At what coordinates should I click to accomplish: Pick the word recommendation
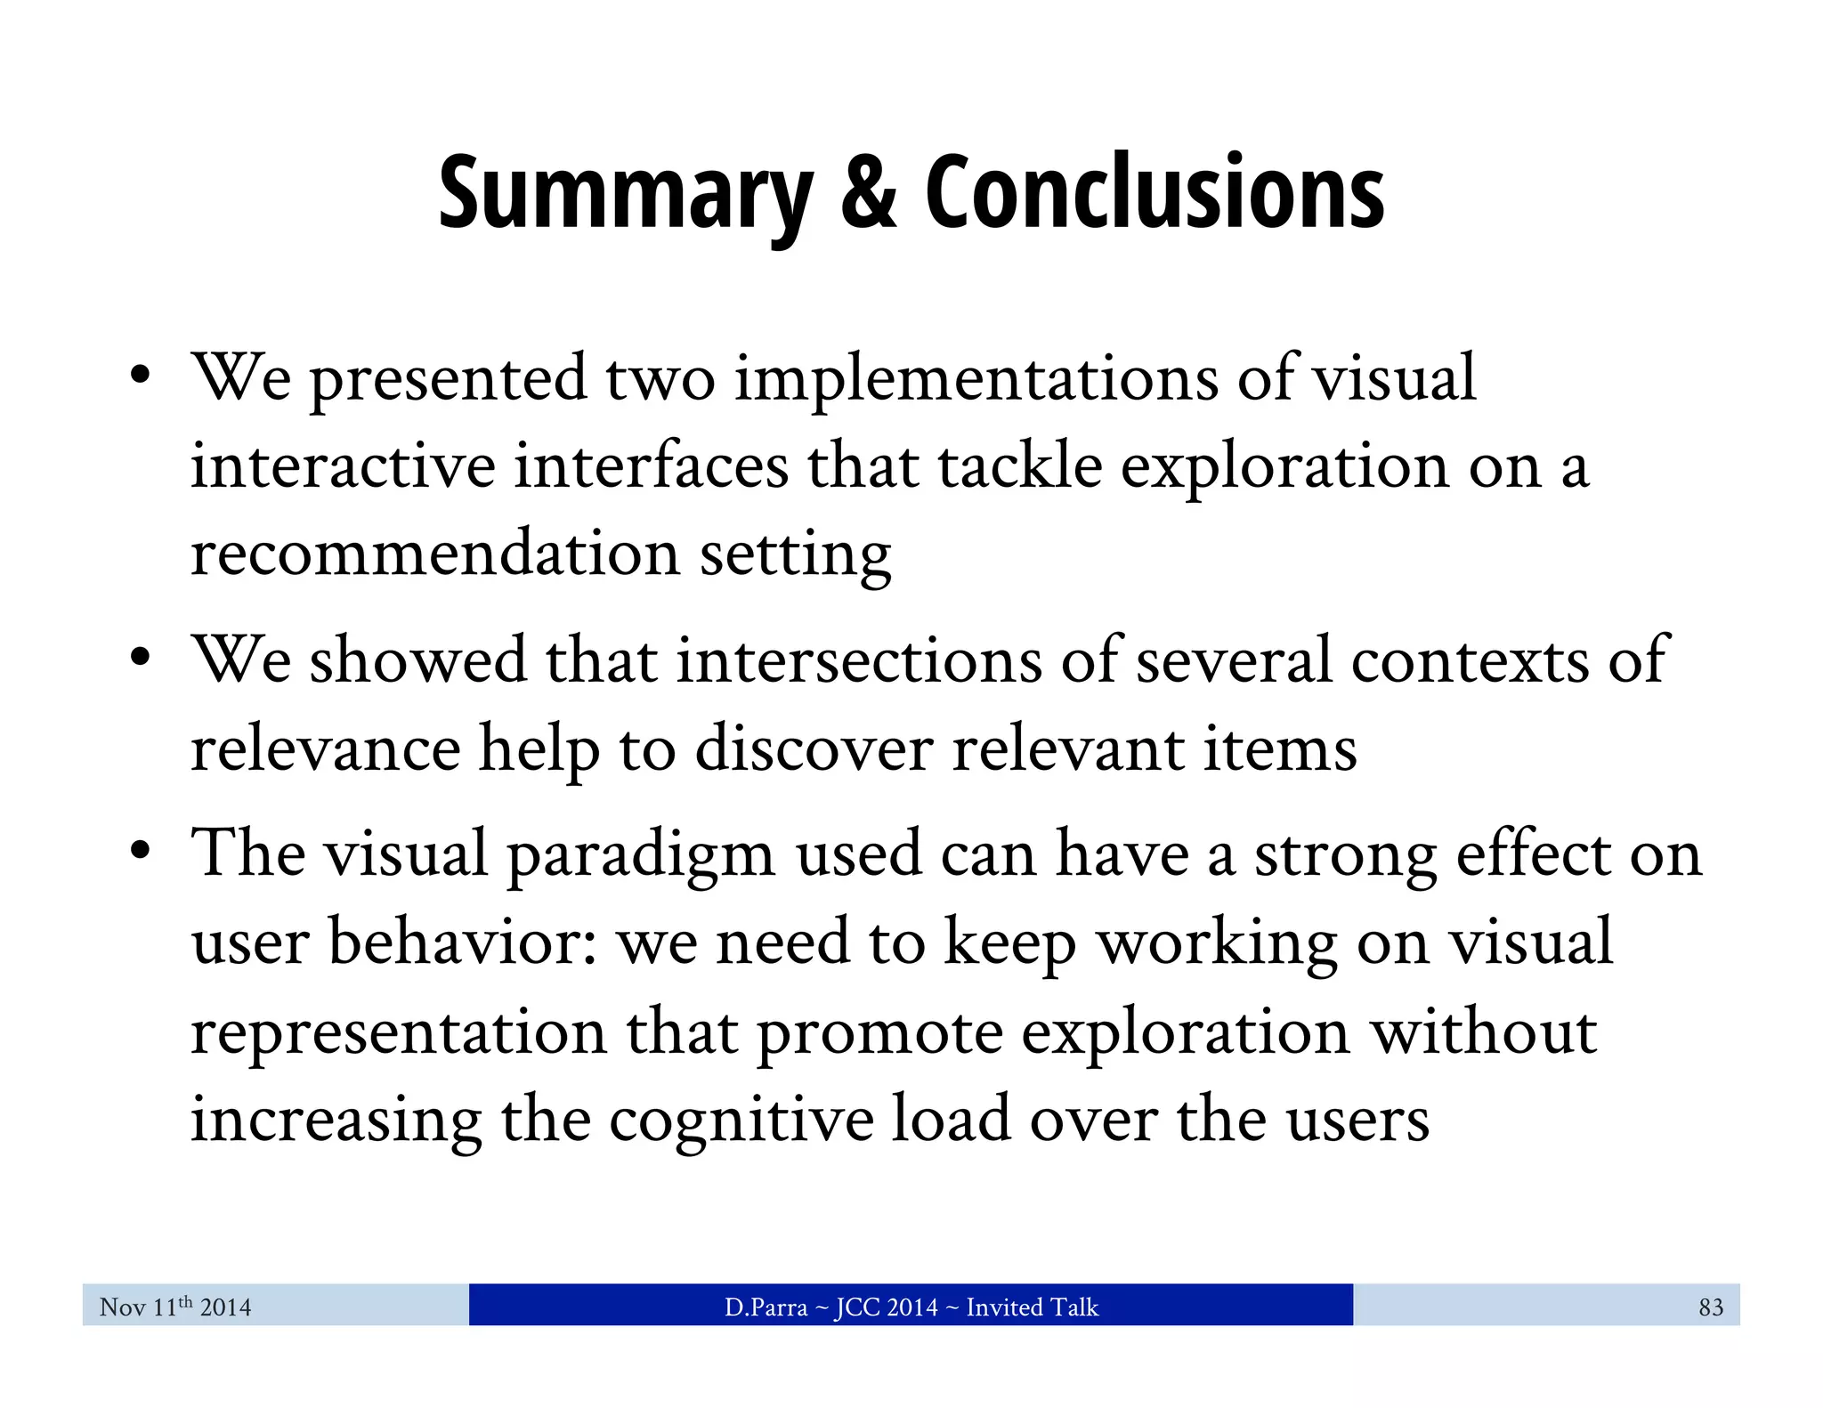pos(435,554)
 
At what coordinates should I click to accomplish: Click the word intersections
pos(859,660)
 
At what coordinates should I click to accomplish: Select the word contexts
pos(1470,660)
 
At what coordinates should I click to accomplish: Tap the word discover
pos(814,749)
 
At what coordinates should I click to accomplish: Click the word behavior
pos(462,942)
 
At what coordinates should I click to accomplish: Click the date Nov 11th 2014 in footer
pos(175,1307)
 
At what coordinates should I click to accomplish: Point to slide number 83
pos(1711,1307)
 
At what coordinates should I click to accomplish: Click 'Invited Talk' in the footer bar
pos(1033,1307)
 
